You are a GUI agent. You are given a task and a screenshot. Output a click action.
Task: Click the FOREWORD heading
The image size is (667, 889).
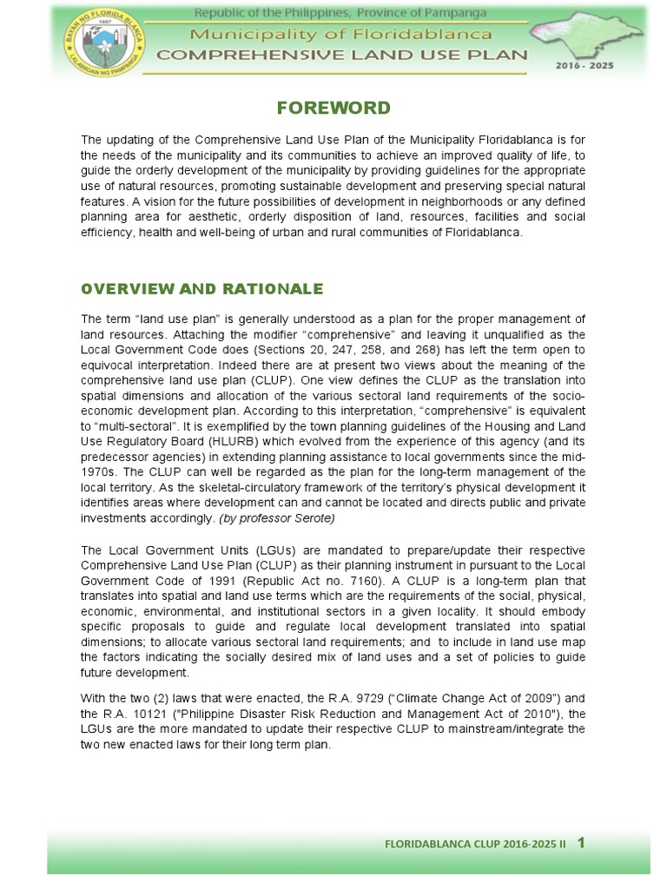(333, 109)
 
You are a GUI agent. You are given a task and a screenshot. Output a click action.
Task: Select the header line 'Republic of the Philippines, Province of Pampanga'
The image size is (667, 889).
(340, 13)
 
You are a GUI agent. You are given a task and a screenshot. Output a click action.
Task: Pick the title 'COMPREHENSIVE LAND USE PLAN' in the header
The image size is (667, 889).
(341, 54)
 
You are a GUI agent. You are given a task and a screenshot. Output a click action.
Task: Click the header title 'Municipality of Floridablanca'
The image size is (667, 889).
(341, 34)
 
